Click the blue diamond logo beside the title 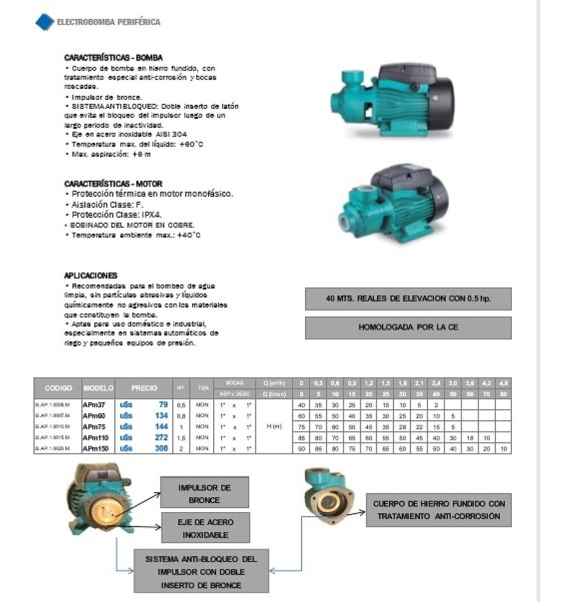point(45,22)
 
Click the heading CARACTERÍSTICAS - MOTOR point(113,184)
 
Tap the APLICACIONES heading point(90,275)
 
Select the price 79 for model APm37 point(163,405)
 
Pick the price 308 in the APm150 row point(161,448)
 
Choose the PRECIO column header point(144,388)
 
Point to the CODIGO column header point(58,388)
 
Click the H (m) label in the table point(273,426)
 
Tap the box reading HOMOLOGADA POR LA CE point(408,328)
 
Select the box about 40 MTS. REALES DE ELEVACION point(408,298)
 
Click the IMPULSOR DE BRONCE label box point(204,494)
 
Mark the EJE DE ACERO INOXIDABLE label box point(205,528)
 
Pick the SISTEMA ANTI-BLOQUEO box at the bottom point(201,571)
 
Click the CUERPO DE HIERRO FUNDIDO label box point(439,510)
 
